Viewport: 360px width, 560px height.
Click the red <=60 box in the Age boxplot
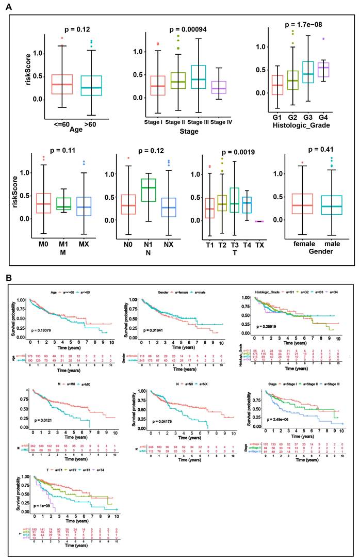(x=62, y=84)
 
